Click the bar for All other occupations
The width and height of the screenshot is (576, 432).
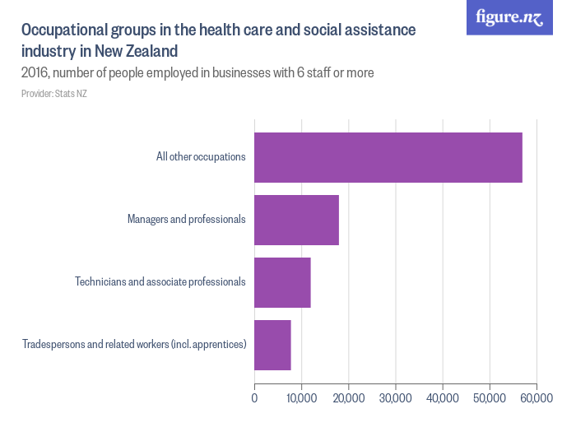tap(388, 157)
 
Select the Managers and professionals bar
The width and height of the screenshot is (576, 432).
tap(296, 220)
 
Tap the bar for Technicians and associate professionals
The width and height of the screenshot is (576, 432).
tap(282, 282)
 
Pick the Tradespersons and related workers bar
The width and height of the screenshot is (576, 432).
tap(272, 345)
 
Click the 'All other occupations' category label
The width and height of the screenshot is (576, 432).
tap(201, 157)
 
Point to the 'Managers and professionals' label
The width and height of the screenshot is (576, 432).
tap(186, 220)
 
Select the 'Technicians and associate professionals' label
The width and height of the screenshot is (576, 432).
tap(160, 282)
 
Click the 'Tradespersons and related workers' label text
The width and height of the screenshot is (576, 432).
tap(134, 345)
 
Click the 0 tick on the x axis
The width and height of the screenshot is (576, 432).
tap(254, 399)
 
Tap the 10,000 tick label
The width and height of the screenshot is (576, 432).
tap(301, 399)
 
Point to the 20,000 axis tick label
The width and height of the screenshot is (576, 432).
tap(348, 399)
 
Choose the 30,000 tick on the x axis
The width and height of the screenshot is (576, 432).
tap(396, 399)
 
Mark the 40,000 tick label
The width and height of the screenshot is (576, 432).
tap(443, 399)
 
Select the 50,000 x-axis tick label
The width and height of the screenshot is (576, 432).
tap(490, 399)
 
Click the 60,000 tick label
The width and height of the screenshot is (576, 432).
tap(537, 399)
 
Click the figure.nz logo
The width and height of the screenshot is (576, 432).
tap(509, 18)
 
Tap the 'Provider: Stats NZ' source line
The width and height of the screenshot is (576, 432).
tap(54, 94)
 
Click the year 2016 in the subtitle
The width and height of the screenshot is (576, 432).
tap(35, 73)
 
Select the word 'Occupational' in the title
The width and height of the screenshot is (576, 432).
tap(65, 30)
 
